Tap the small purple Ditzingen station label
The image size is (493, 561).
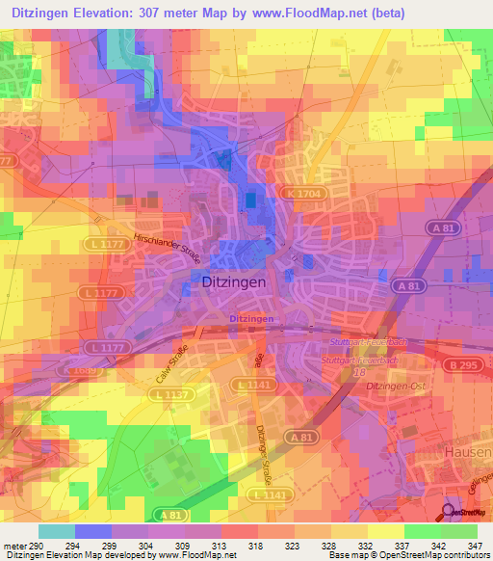(252, 318)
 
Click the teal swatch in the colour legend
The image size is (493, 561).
(56, 531)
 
